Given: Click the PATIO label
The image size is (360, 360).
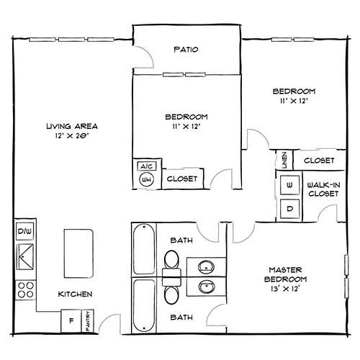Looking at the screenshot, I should coord(186,50).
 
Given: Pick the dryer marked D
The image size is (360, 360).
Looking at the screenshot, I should coord(289,210).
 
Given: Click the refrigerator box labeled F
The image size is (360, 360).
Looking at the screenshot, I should coord(71,320).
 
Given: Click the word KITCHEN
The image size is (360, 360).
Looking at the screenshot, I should coord(74,294).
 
